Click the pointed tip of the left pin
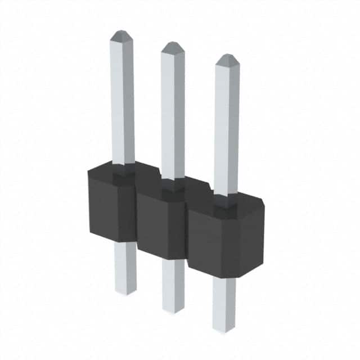(x=121, y=35)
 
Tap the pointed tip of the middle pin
(x=173, y=46)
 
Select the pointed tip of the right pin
(x=227, y=58)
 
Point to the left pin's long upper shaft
(x=122, y=101)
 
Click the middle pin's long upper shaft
(x=173, y=112)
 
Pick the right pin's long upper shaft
(x=227, y=127)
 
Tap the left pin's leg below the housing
(x=125, y=264)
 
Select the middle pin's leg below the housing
(x=173, y=281)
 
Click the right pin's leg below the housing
(x=224, y=301)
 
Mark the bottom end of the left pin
(x=126, y=291)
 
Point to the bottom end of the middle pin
(x=174, y=309)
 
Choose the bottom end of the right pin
(x=224, y=329)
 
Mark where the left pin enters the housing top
(x=123, y=166)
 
